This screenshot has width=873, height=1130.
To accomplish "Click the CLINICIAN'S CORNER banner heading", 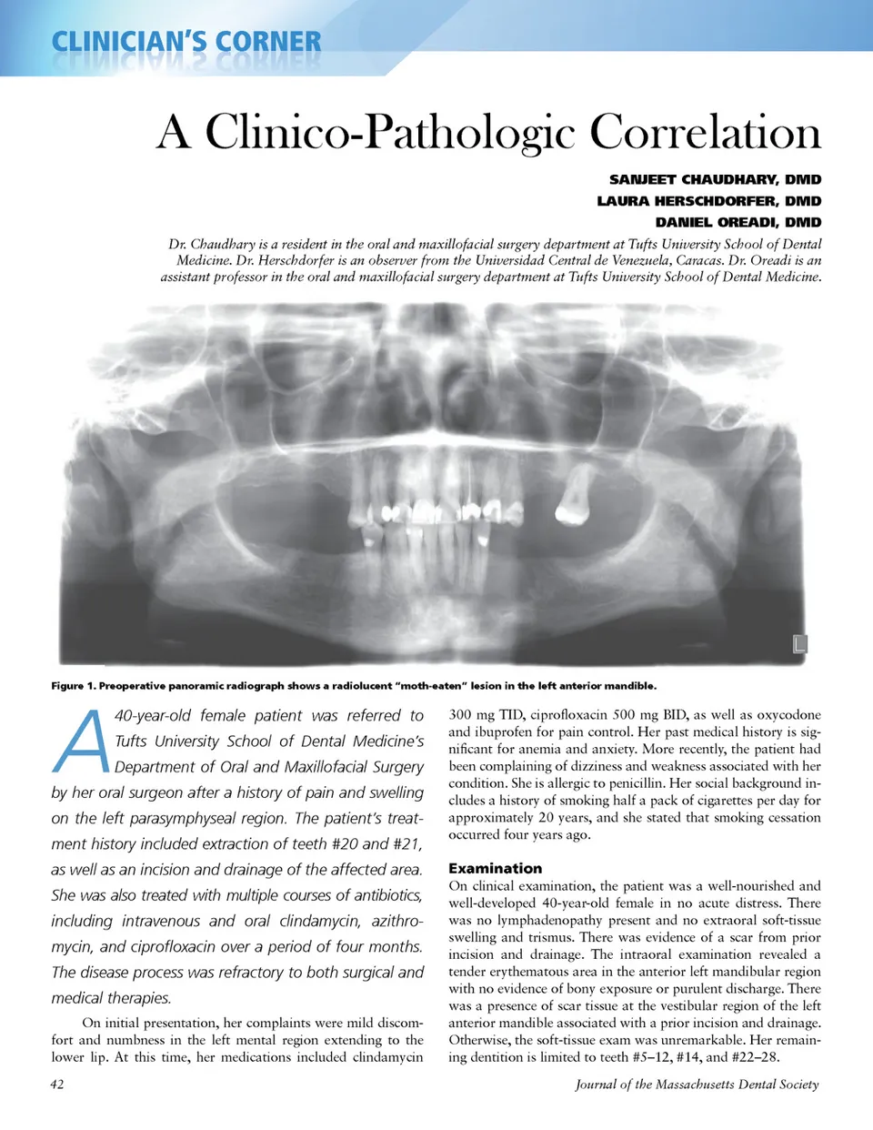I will click(186, 42).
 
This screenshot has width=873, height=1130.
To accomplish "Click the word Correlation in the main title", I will click(705, 132).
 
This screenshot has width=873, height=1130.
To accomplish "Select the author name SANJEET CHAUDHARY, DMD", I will click(715, 179).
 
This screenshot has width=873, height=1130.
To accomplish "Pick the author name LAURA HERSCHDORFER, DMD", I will click(708, 201).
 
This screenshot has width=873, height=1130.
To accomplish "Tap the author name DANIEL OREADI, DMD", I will click(738, 222).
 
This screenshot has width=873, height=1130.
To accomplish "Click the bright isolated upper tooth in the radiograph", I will click(574, 500).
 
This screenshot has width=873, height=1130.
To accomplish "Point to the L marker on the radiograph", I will click(799, 644).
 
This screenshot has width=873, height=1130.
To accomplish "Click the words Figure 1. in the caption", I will click(73, 686).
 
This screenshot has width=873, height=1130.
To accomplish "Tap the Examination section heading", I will click(495, 868).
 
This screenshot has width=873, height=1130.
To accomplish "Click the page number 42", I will click(57, 1085).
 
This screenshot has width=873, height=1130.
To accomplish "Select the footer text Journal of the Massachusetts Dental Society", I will click(697, 1085).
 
